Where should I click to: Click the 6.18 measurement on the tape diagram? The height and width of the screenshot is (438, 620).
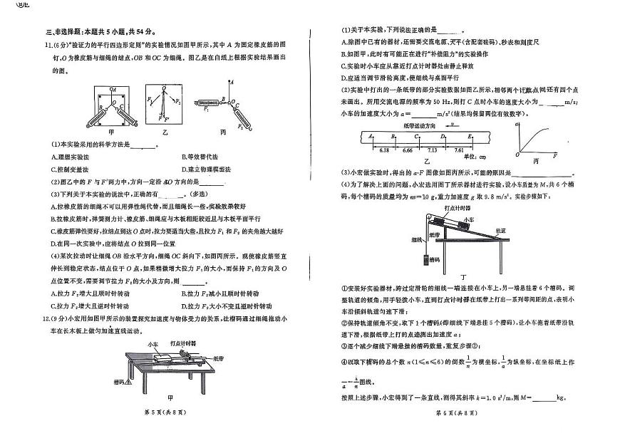point(384,151)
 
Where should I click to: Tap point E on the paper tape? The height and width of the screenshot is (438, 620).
point(469,135)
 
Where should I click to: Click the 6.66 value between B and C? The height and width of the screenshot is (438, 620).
point(408,151)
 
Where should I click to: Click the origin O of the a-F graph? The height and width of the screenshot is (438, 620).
point(518,154)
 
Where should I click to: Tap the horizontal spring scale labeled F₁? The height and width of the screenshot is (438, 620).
point(205,106)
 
